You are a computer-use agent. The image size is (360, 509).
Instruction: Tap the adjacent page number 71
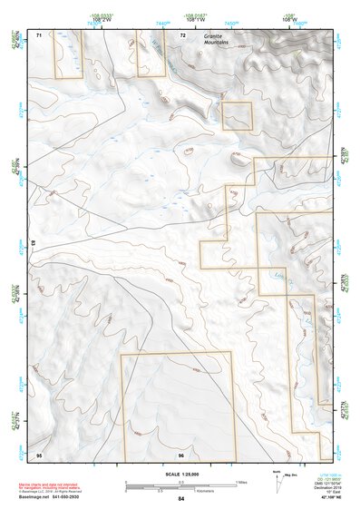tap(39, 34)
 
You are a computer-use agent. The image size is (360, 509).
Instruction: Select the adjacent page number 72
tap(182, 34)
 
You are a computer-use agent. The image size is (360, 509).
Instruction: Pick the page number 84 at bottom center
tap(181, 499)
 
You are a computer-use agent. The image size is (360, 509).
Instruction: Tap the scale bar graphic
tap(180, 482)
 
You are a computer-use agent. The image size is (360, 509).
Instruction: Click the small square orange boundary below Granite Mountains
tap(237, 115)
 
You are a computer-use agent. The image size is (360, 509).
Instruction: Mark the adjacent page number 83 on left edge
tap(34, 243)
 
